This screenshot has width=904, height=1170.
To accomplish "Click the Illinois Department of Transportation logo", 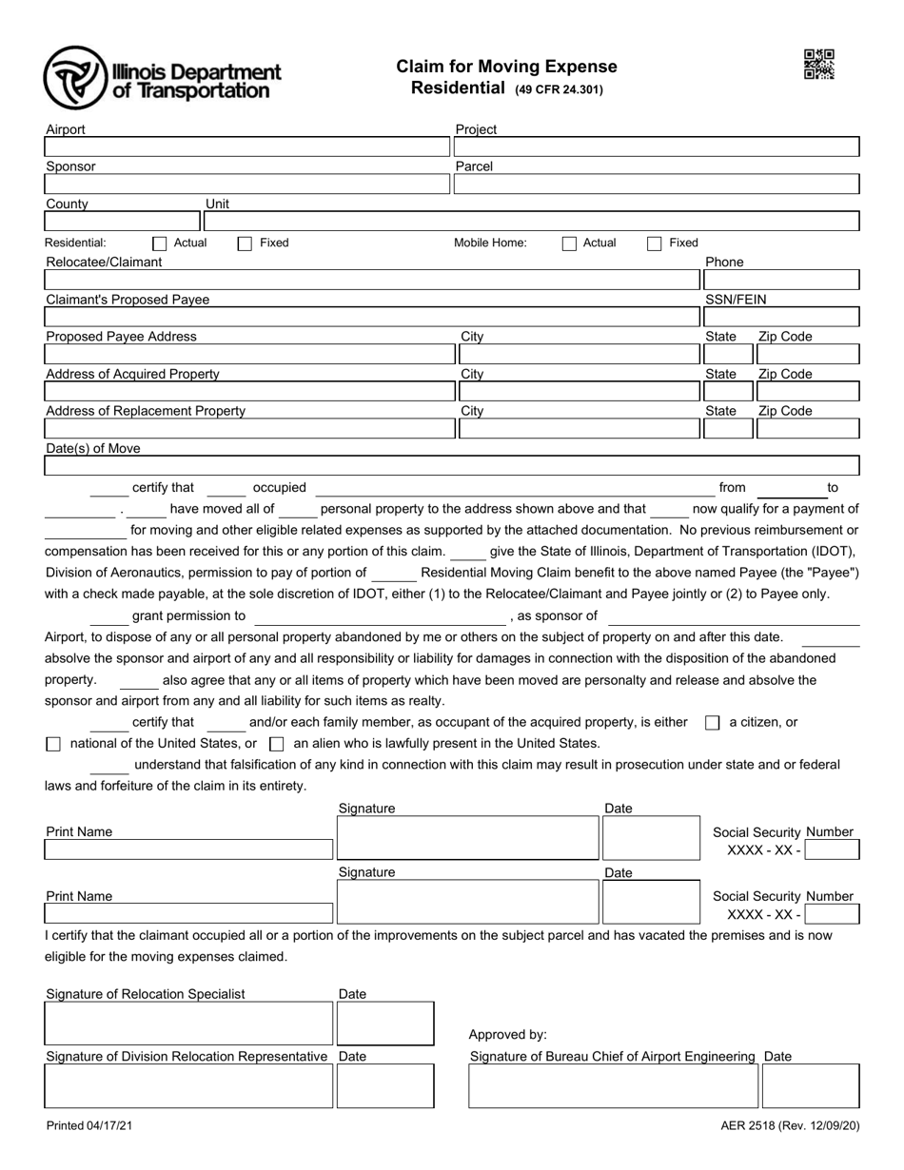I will [162, 78].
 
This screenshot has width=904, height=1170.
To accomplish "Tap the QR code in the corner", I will [818, 65].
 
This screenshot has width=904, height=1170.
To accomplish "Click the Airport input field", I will [246, 146].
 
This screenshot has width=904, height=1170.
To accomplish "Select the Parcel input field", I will [657, 184].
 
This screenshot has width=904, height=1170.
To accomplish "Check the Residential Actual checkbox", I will [160, 244].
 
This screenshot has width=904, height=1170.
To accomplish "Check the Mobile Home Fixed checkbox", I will [655, 244].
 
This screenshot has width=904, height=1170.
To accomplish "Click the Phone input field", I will [780, 280].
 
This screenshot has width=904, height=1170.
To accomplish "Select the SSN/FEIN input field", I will [780, 317].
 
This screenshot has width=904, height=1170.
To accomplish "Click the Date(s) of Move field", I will [452, 466].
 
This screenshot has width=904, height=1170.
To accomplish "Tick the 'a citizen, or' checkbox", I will [712, 723].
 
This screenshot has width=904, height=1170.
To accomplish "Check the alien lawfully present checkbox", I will [277, 744].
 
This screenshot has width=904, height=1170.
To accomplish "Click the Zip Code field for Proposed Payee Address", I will [807, 355].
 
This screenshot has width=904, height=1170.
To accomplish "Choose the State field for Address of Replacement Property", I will [728, 429].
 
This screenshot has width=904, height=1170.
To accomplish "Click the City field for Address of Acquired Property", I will [578, 392].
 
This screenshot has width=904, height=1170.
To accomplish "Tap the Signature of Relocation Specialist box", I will [188, 1023].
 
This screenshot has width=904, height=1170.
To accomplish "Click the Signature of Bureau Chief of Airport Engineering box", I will [613, 1086].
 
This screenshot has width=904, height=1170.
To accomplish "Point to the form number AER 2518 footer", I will [790, 1126].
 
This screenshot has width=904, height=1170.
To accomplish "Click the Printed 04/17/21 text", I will [90, 1126].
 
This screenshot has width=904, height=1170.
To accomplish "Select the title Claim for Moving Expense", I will [506, 67].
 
